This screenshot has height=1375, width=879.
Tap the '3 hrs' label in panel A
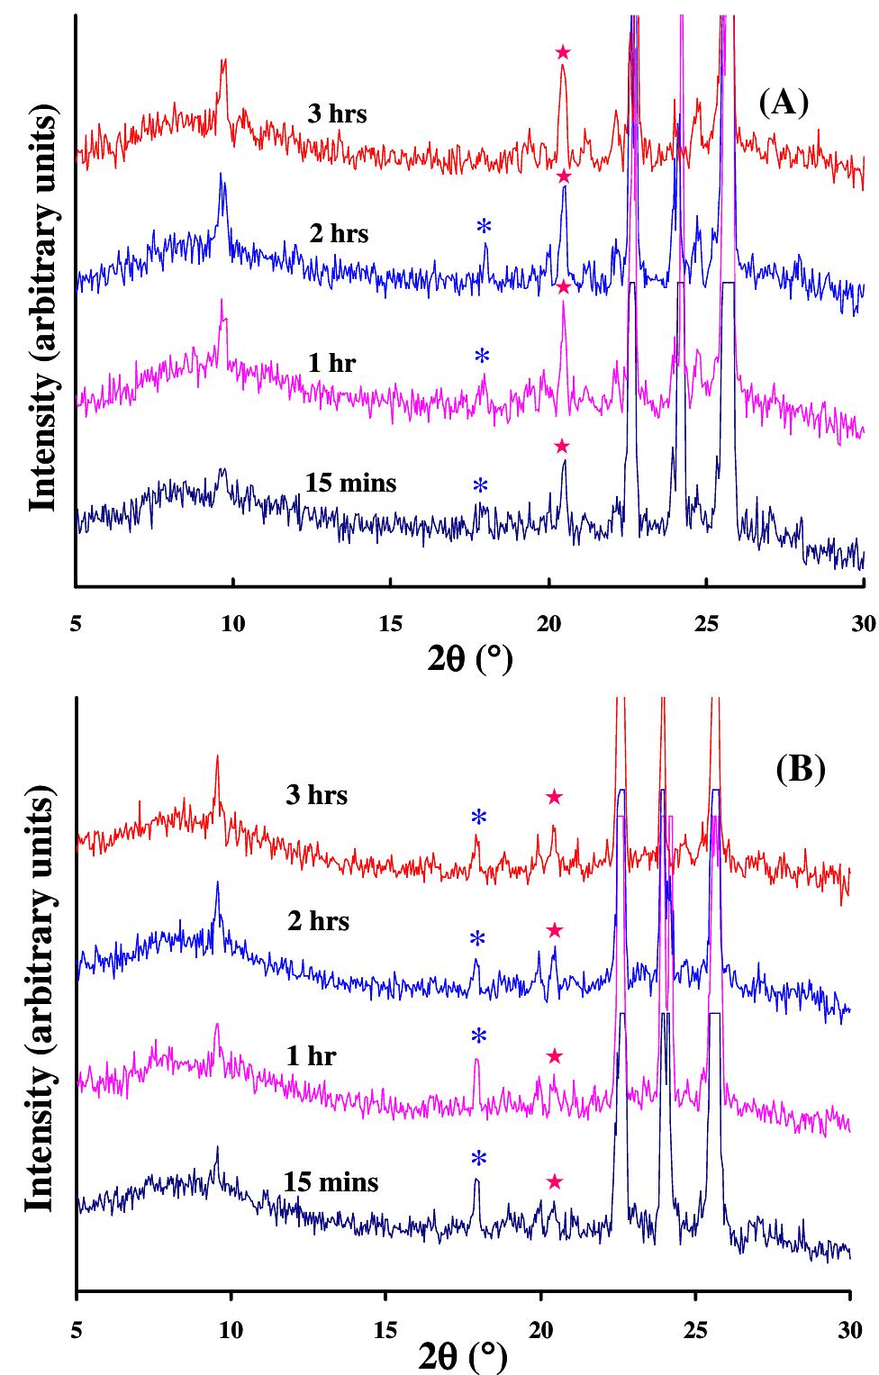tap(338, 114)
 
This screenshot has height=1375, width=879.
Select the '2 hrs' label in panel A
tap(339, 234)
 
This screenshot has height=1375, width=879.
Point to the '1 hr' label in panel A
tap(331, 363)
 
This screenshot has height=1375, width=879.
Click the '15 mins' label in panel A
tap(350, 484)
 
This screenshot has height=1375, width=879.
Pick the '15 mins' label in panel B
tap(331, 1181)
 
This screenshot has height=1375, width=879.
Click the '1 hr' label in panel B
tap(311, 1055)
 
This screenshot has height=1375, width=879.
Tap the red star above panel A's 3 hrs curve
tap(563, 52)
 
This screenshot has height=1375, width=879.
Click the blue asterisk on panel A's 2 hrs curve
tap(485, 226)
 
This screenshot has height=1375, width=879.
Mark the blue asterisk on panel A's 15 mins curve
tap(480, 486)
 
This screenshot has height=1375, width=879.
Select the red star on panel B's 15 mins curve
tap(555, 1181)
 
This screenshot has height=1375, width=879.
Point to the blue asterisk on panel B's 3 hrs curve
tap(478, 818)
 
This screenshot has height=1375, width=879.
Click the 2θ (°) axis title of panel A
tap(469, 660)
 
